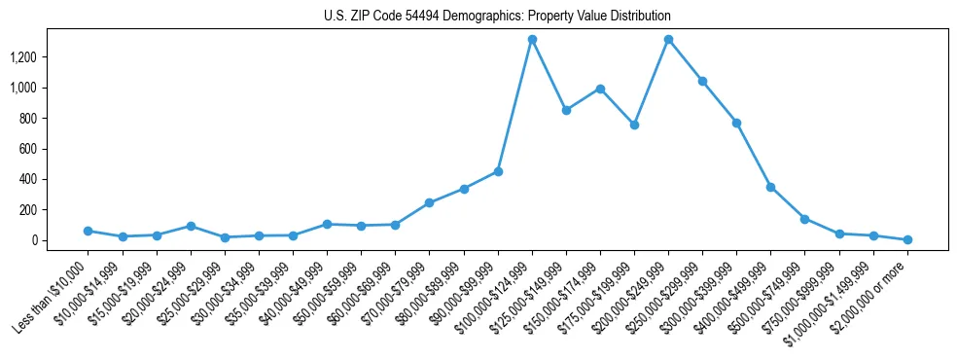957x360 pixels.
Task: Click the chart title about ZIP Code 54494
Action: pyautogui.click(x=497, y=17)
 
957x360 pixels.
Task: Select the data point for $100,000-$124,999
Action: pyautogui.click(x=532, y=40)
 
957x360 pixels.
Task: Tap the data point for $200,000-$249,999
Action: pyautogui.click(x=668, y=40)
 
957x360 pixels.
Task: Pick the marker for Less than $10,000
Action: pyautogui.click(x=89, y=231)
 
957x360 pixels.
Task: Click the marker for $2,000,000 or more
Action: pyautogui.click(x=907, y=239)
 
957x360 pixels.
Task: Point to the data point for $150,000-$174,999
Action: pyautogui.click(x=600, y=89)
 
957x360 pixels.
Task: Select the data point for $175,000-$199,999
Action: pyautogui.click(x=634, y=125)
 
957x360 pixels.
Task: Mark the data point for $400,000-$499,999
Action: pyautogui.click(x=770, y=187)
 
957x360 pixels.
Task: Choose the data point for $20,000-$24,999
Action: pyautogui.click(x=191, y=226)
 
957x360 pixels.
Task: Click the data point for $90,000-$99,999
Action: pyautogui.click(x=498, y=171)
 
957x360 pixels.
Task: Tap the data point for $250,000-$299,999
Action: pyautogui.click(x=702, y=81)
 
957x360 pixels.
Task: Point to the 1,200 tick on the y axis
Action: pyautogui.click(x=36, y=57)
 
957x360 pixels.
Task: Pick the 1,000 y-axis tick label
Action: pyautogui.click(x=36, y=88)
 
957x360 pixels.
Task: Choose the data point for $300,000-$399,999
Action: pyautogui.click(x=736, y=123)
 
